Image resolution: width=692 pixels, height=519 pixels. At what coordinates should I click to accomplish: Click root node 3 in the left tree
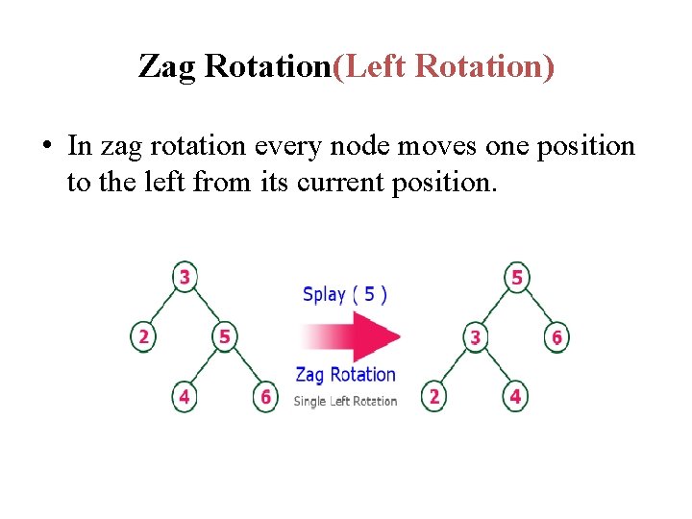point(183,277)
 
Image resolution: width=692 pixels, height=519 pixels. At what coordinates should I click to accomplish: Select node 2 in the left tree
point(142,336)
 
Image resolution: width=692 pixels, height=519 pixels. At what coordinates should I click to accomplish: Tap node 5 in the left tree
point(224,336)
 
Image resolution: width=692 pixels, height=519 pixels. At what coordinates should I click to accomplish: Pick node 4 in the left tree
point(184,396)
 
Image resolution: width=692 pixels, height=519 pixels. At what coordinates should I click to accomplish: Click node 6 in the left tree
point(265,396)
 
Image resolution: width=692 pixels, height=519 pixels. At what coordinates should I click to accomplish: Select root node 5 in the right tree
point(517,277)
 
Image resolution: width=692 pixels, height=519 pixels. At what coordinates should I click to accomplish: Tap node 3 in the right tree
point(475,337)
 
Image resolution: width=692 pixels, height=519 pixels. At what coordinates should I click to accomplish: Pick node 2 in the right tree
point(434,396)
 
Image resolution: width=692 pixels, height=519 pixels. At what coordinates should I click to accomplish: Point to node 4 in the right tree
point(516,396)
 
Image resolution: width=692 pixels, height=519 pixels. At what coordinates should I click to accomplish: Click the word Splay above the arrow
point(324,294)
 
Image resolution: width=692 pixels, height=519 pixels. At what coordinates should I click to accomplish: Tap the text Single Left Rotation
point(345,401)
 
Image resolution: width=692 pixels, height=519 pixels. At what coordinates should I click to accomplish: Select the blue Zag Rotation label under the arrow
point(345,375)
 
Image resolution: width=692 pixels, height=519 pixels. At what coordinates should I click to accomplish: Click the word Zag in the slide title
point(169,66)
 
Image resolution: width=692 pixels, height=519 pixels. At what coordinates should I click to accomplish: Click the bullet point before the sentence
point(46,147)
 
